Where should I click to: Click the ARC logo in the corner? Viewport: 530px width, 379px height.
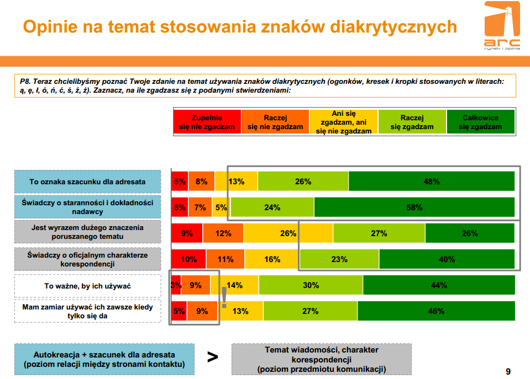pyautogui.click(x=502, y=25)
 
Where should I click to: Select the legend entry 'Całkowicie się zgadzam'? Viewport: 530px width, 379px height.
pyautogui.click(x=480, y=122)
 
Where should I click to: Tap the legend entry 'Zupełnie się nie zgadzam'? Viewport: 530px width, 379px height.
pyautogui.click(x=207, y=122)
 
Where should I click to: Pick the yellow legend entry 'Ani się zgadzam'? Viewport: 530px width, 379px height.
pyautogui.click(x=343, y=122)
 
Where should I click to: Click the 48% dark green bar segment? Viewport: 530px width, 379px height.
pyautogui.click(x=432, y=182)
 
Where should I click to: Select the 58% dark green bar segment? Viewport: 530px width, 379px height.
pyautogui.click(x=414, y=207)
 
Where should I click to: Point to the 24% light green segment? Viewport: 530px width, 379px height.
pyautogui.click(x=272, y=207)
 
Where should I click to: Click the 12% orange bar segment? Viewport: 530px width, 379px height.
pyautogui.click(x=223, y=233)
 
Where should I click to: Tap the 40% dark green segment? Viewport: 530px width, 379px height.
pyautogui.click(x=447, y=259)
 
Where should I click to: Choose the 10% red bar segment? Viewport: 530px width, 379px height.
pyautogui.click(x=188, y=259)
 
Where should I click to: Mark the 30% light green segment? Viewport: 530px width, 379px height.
pyautogui.click(x=311, y=285)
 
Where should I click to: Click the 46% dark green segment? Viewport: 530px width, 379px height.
pyautogui.click(x=436, y=311)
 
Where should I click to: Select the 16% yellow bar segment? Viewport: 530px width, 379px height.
pyautogui.click(x=272, y=259)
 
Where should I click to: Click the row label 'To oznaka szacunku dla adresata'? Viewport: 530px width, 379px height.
pyautogui.click(x=87, y=182)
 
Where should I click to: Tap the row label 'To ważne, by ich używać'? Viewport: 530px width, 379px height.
pyautogui.click(x=87, y=286)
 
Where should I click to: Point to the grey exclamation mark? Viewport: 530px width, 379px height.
pyautogui.click(x=224, y=297)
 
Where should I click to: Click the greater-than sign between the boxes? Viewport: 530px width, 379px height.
pyautogui.click(x=213, y=357)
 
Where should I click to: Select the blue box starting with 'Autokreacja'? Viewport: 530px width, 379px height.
pyautogui.click(x=104, y=359)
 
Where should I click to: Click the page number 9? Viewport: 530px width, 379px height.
pyautogui.click(x=508, y=372)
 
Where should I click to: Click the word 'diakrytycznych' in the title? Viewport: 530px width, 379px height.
pyautogui.click(x=393, y=27)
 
